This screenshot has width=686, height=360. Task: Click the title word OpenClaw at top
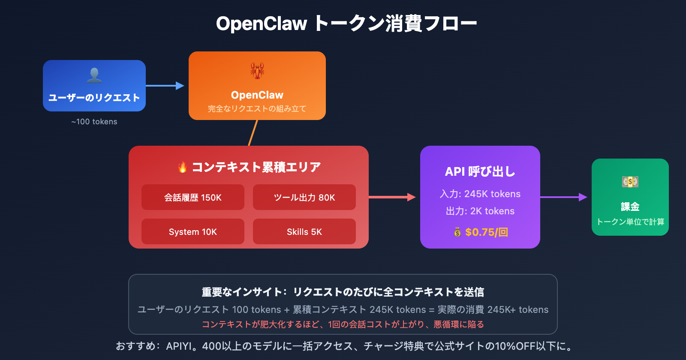(262, 24)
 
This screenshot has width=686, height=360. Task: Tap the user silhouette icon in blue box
(94, 75)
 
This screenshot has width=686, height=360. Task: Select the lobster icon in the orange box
(257, 71)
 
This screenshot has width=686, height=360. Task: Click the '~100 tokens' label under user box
(94, 122)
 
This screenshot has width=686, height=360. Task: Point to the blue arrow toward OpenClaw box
(165, 86)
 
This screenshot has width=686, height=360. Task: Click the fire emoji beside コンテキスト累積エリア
(183, 167)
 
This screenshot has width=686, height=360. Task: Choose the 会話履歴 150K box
(193, 197)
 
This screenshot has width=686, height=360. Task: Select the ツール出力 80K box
(304, 197)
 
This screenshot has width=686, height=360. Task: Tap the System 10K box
(193, 231)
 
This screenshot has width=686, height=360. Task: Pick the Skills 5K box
(304, 231)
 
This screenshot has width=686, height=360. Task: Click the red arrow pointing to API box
(392, 197)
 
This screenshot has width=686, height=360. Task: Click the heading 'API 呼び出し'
(480, 171)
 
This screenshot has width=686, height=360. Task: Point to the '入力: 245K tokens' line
(480, 194)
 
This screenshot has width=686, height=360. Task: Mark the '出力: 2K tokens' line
(480, 211)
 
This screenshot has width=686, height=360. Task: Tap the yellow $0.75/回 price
(486, 232)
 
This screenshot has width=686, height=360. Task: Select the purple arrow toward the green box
(563, 197)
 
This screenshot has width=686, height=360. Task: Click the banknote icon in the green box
(630, 182)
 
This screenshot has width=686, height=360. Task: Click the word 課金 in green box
(630, 207)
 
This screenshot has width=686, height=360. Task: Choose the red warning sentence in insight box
(343, 324)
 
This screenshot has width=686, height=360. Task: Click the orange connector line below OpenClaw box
(253, 133)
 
